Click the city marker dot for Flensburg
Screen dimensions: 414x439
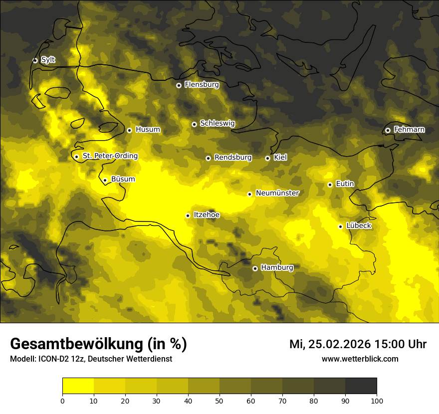pyautogui.click(x=179, y=85)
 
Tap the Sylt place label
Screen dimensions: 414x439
pyautogui.click(x=48, y=60)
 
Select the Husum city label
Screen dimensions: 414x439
pyautogui.click(x=148, y=130)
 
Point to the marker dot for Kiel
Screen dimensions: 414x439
pyautogui.click(x=267, y=158)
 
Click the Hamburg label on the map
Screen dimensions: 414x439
pyautogui.click(x=277, y=268)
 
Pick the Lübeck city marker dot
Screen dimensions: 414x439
pyautogui.click(x=340, y=226)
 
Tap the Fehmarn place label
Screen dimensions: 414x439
pyautogui.click(x=409, y=130)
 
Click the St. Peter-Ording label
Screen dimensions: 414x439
pyautogui.click(x=110, y=156)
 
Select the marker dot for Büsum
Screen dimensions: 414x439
pyautogui.click(x=105, y=180)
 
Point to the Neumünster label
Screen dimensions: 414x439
pyautogui.click(x=277, y=193)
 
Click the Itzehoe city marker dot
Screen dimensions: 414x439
pyautogui.click(x=188, y=215)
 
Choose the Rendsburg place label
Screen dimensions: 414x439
pyautogui.click(x=233, y=158)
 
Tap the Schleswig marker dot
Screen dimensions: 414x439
pyautogui.click(x=194, y=124)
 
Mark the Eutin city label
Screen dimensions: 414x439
pyautogui.click(x=345, y=184)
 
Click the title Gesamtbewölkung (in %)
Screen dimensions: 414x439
pyautogui.click(x=98, y=344)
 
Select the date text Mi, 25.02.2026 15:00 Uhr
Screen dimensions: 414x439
pyautogui.click(x=358, y=344)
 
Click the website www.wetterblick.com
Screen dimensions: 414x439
pyautogui.click(x=360, y=359)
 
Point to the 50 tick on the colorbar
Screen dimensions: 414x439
pyautogui.click(x=219, y=400)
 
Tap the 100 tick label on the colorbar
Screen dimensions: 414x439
pyautogui.click(x=377, y=400)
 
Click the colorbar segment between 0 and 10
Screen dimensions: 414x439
pyautogui.click(x=78, y=386)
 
